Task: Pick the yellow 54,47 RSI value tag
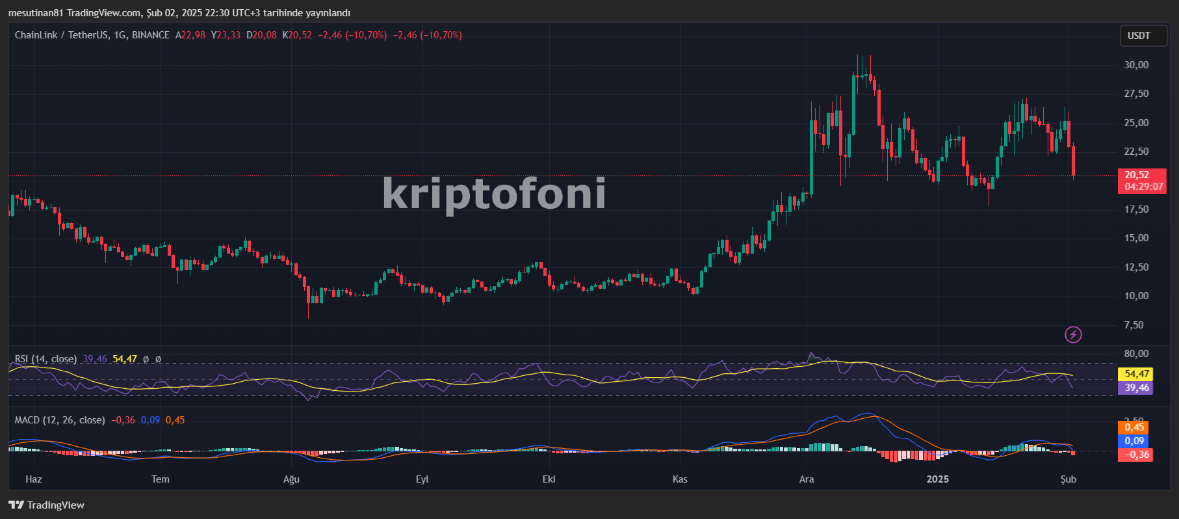coord(1137,374)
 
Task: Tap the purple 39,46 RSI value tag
coord(1137,388)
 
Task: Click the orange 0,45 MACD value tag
coord(1134,427)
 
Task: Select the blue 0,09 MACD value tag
coord(1134,441)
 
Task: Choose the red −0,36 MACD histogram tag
coord(1135,455)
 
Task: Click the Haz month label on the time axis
coord(34,479)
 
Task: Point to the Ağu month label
coord(291,479)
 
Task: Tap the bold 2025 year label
coord(937,479)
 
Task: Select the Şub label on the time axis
coord(1069,479)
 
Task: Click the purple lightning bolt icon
coord(1073,334)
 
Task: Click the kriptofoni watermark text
coord(494,194)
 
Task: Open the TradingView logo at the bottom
coord(47,505)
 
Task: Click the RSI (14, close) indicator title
coord(45,359)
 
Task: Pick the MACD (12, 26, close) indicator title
coord(60,420)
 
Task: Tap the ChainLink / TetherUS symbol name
coord(62,35)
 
